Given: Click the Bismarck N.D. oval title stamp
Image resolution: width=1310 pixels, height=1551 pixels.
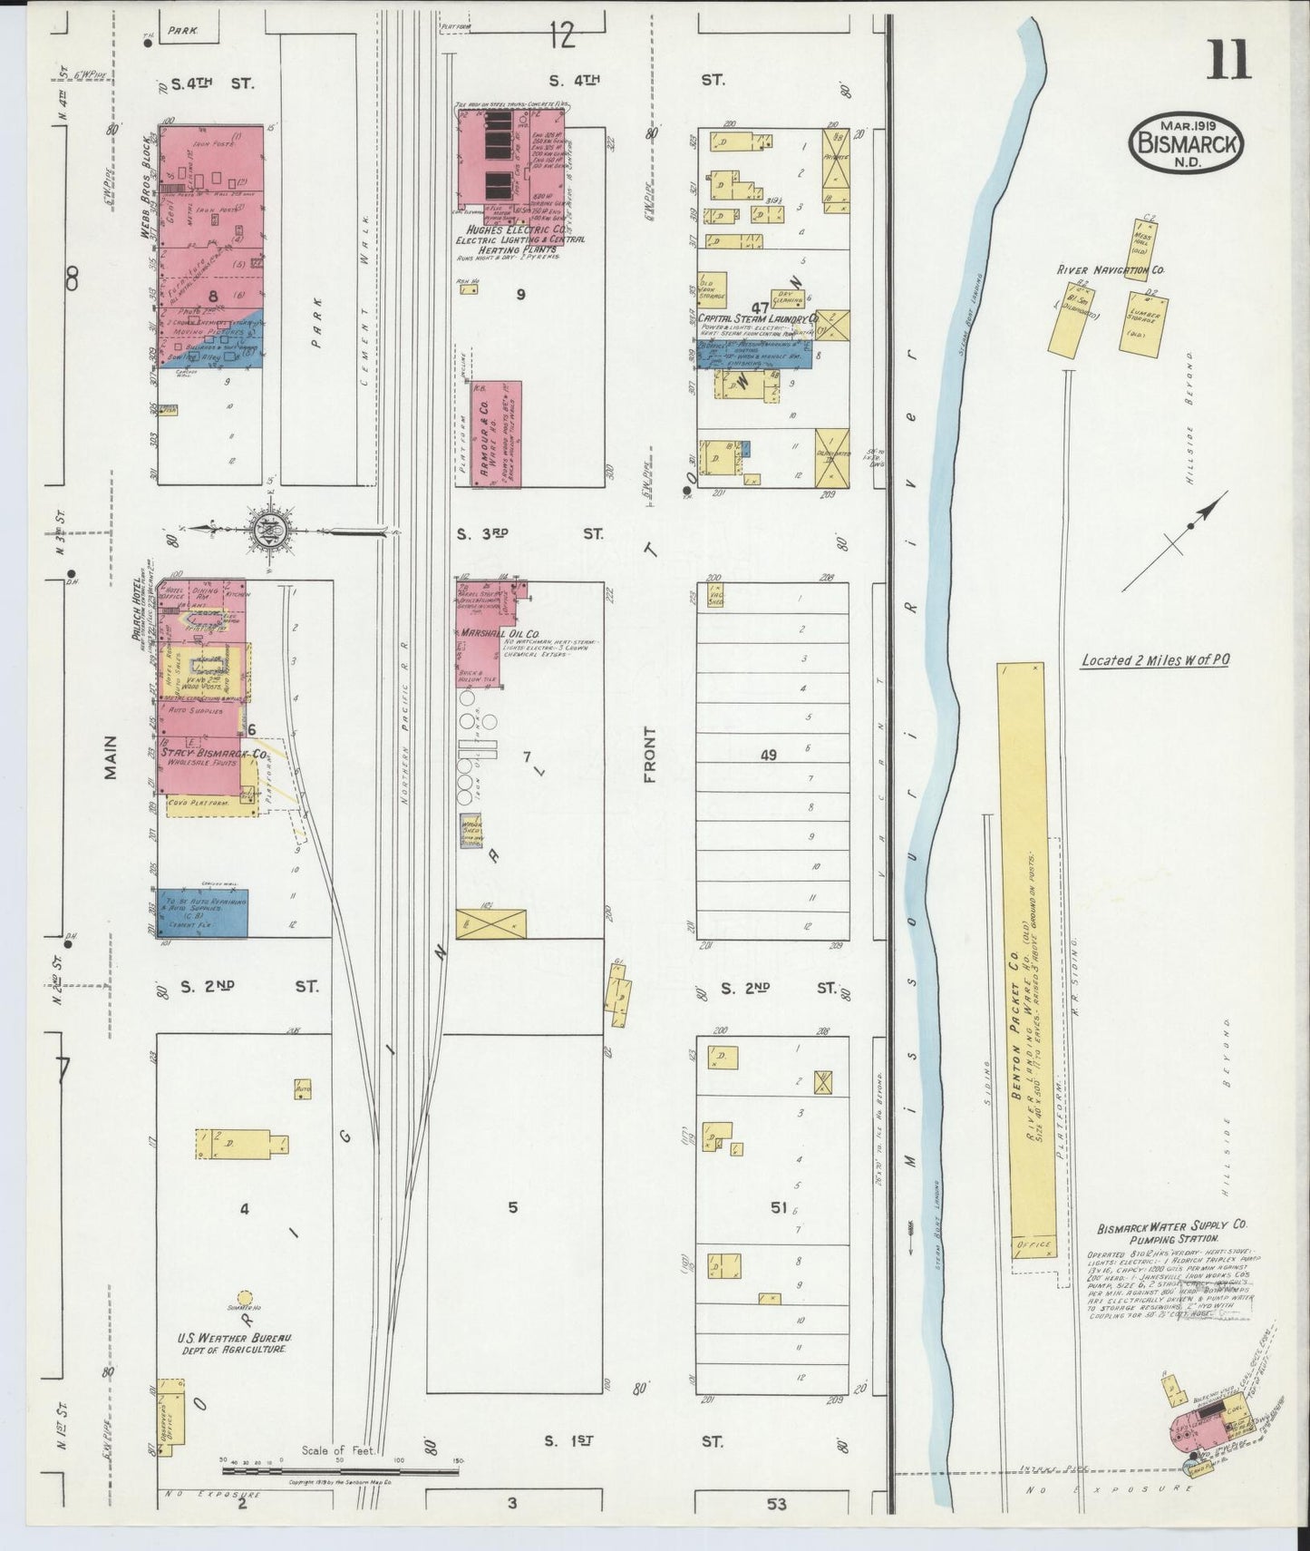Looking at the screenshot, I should pos(1186,143).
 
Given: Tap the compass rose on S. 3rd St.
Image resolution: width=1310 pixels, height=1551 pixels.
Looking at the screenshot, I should pos(279,528).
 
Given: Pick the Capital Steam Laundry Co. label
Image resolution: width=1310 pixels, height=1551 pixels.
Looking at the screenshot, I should pos(758,319).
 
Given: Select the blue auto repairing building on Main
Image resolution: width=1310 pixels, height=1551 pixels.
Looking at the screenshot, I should pos(204,912).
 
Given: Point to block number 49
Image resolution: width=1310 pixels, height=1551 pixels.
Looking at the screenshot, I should pos(768,755).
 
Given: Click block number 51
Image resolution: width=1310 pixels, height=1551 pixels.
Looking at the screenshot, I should pos(778,1207).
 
